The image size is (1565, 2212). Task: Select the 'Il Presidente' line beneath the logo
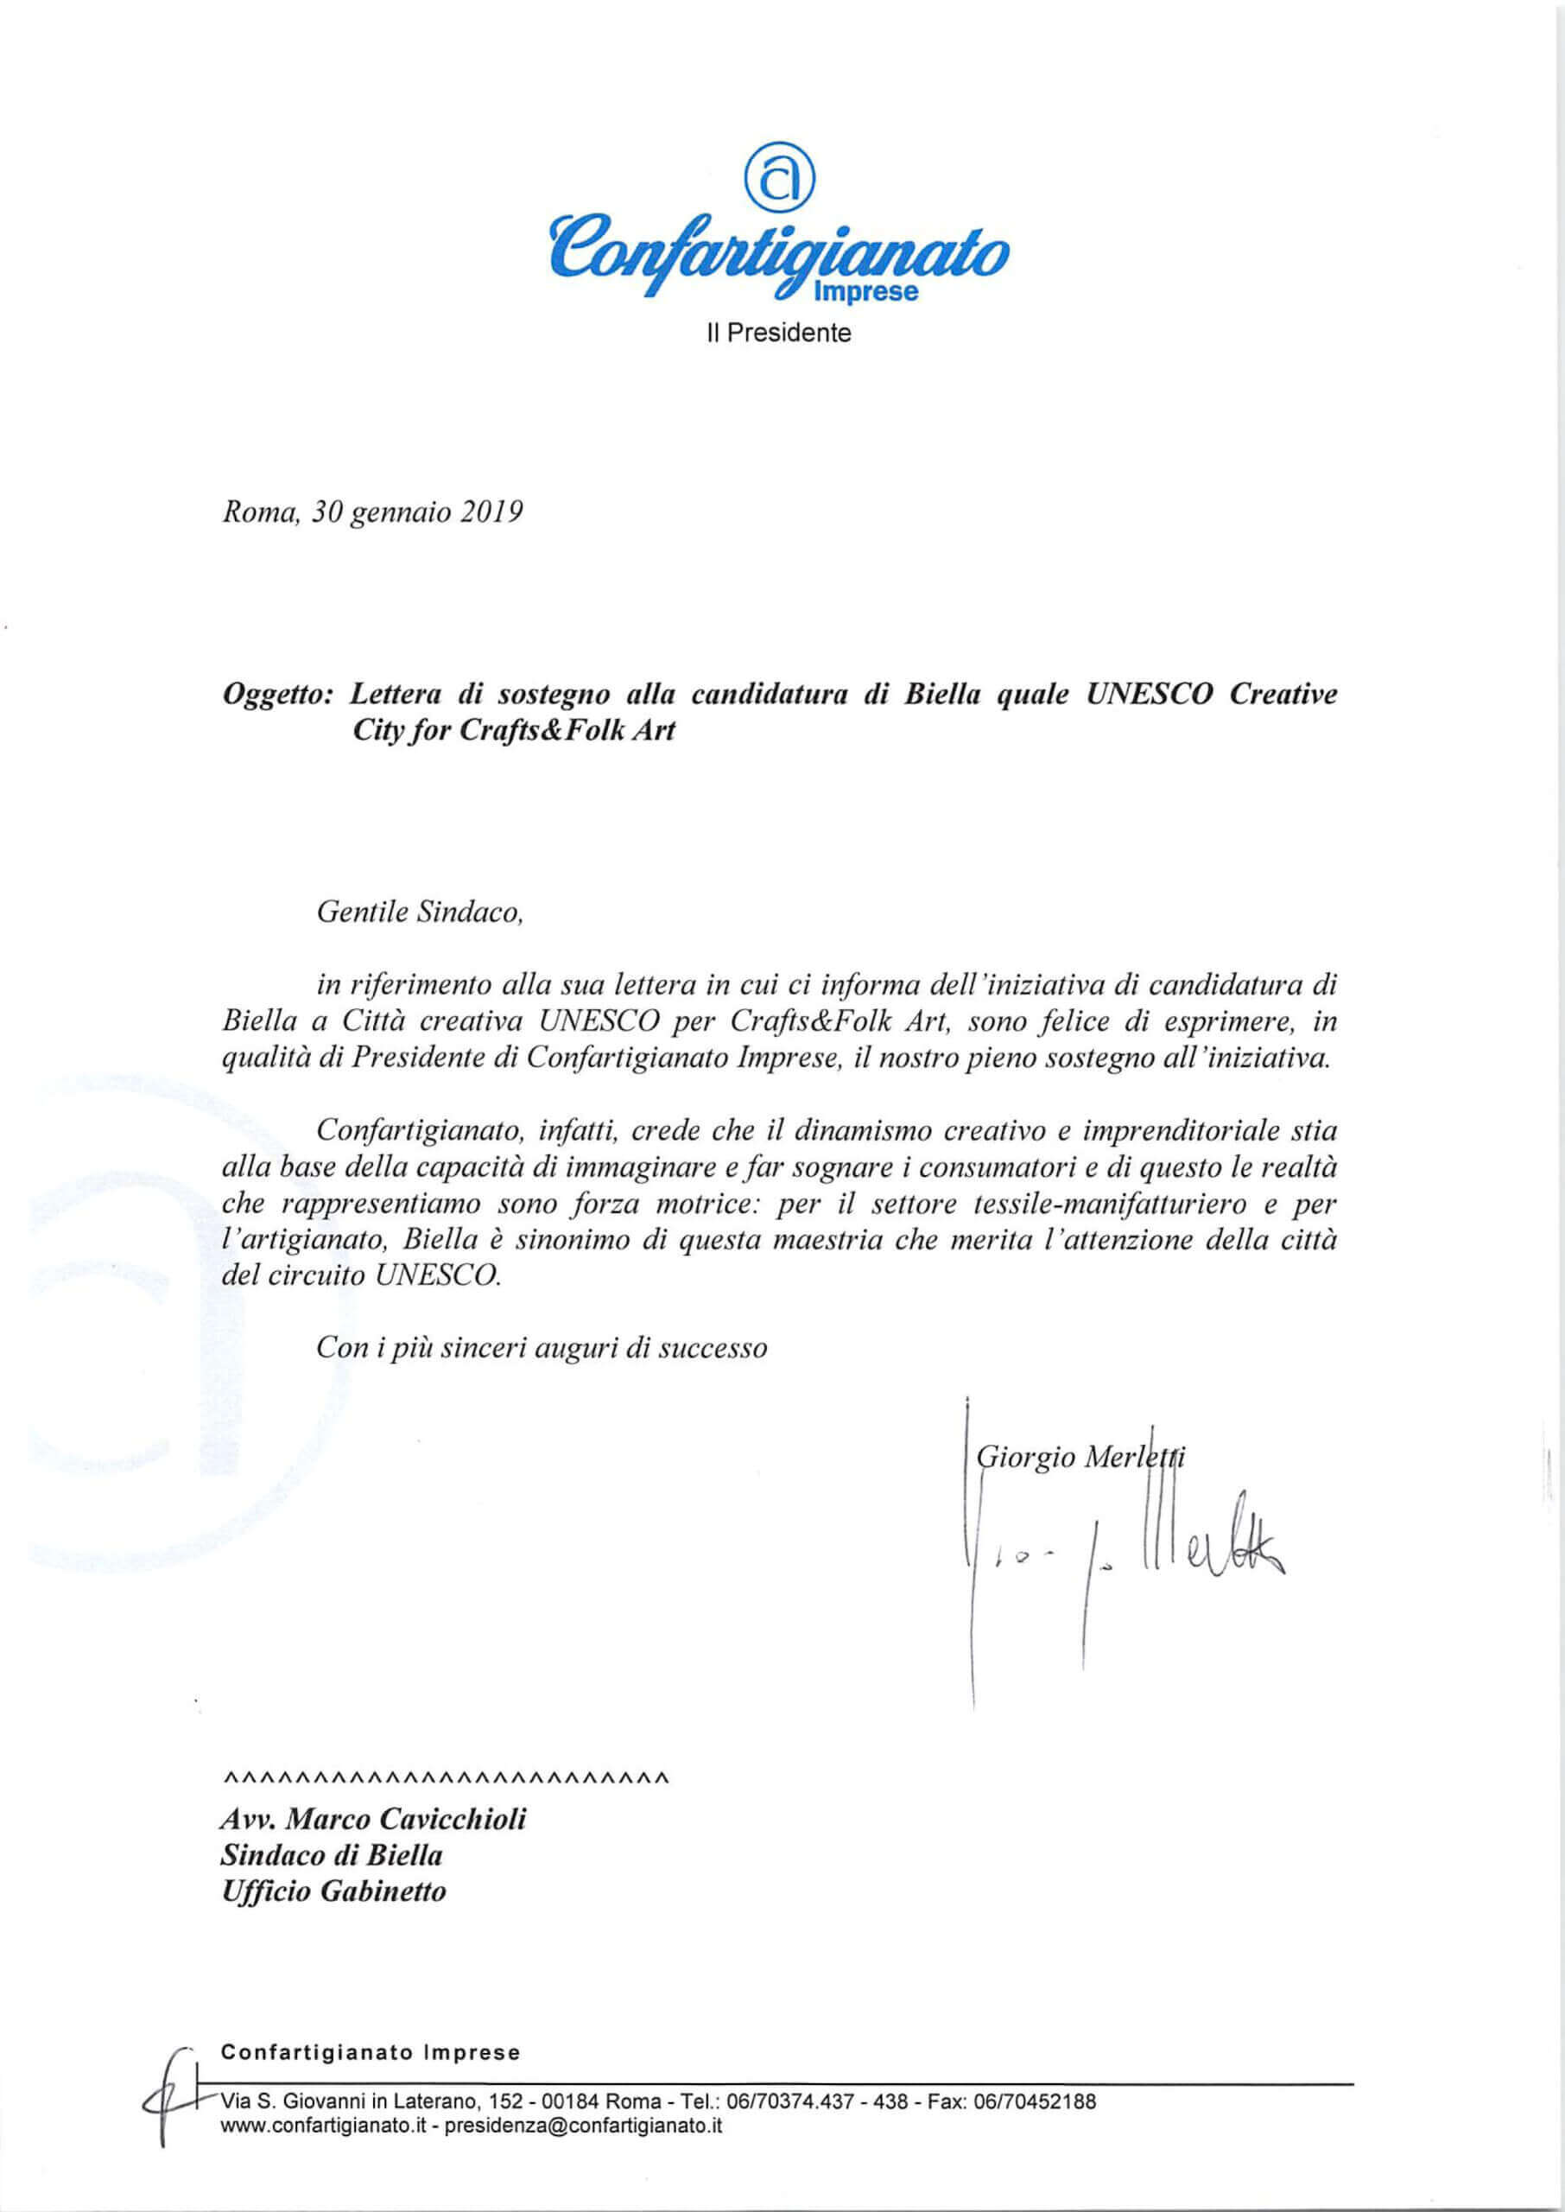(780, 334)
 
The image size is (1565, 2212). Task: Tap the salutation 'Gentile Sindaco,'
(419, 912)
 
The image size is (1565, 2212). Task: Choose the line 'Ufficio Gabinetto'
(333, 1892)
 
